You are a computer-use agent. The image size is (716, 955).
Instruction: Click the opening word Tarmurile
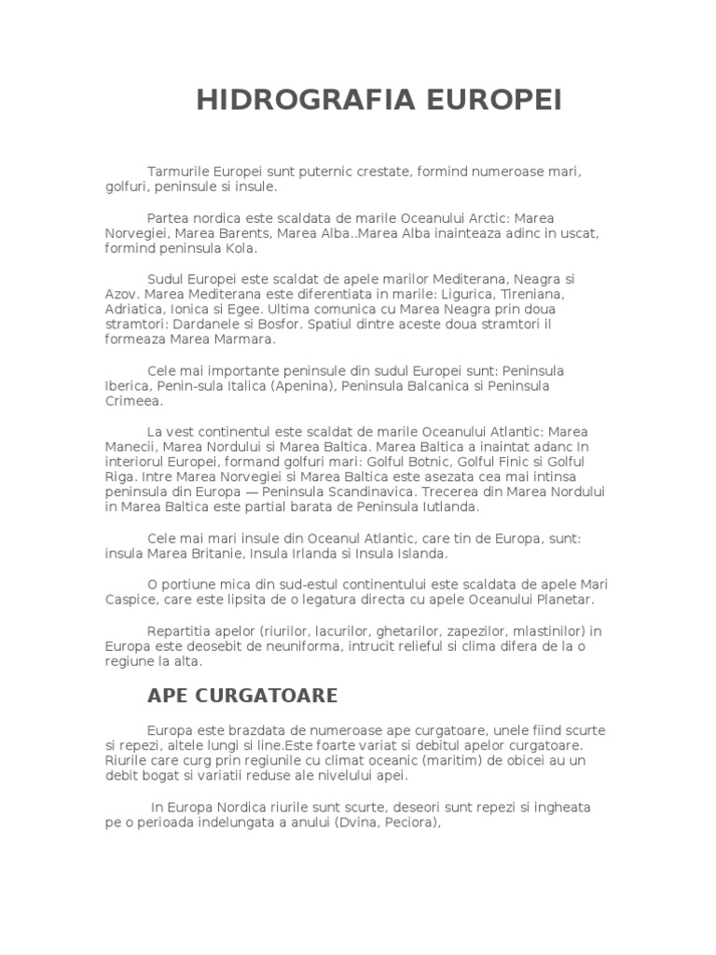click(179, 173)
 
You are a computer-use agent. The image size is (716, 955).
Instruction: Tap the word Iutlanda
click(448, 507)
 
